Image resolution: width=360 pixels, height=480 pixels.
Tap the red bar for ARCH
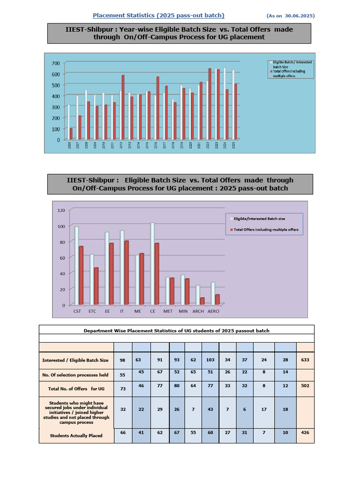[202, 300]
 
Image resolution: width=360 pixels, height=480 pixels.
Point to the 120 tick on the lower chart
[61, 210]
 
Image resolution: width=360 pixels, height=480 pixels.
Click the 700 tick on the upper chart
[56, 63]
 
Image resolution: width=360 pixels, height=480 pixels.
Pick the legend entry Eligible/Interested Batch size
[259, 218]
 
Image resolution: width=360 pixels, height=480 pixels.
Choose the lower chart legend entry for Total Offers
[266, 230]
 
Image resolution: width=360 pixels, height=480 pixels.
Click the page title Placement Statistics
[158, 15]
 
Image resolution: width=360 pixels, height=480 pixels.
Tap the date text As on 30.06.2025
[291, 16]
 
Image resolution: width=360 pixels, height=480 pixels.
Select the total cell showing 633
[305, 360]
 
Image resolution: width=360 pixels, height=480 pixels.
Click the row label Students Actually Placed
[76, 435]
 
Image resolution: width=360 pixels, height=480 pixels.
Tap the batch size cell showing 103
[210, 360]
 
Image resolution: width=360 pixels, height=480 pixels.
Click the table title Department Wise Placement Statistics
[176, 330]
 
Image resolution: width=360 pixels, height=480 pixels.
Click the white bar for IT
[122, 268]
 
